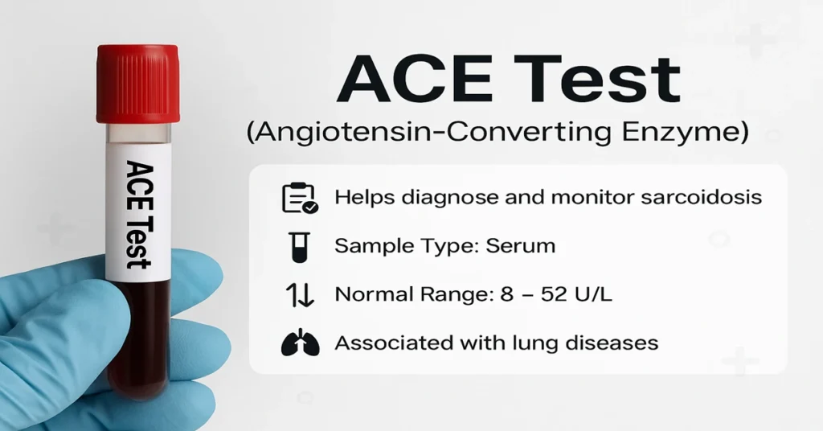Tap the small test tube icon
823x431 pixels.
tap(299, 246)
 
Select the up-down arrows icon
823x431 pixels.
tap(299, 295)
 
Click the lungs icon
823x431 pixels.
tap(299, 343)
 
